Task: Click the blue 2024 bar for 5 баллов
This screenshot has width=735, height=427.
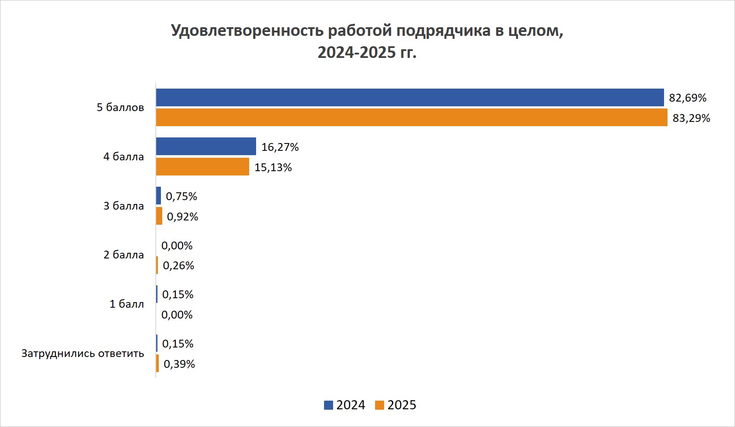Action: point(410,98)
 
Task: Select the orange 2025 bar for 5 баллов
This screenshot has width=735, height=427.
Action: point(411,118)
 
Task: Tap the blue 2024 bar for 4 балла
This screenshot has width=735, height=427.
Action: point(206,147)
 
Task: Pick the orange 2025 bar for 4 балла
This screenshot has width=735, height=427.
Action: point(202,167)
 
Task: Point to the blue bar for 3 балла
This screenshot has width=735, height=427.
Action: point(158,196)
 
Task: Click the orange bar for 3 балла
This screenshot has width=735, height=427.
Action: point(159,216)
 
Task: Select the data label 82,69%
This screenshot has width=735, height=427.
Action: point(687,98)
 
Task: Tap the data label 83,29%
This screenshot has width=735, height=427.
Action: point(691,118)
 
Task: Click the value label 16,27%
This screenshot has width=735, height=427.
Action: point(280,147)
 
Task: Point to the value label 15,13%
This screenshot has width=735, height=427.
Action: point(273,168)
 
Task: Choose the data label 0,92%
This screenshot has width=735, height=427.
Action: point(183,217)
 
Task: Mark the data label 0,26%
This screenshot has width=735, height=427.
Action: point(178,266)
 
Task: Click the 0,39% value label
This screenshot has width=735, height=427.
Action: point(179,364)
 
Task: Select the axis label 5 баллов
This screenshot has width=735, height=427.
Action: point(120,108)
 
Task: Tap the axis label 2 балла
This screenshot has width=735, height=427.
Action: point(124,255)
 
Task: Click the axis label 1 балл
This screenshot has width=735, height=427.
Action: point(127,304)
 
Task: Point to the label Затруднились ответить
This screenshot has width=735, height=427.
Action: point(83,354)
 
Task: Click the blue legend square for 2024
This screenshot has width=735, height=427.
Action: point(328,405)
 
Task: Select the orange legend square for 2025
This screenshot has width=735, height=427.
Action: point(379,405)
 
